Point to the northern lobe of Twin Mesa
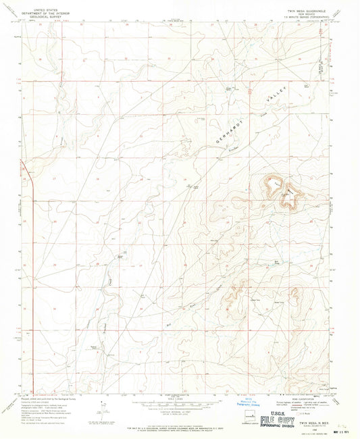tap(284, 192)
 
